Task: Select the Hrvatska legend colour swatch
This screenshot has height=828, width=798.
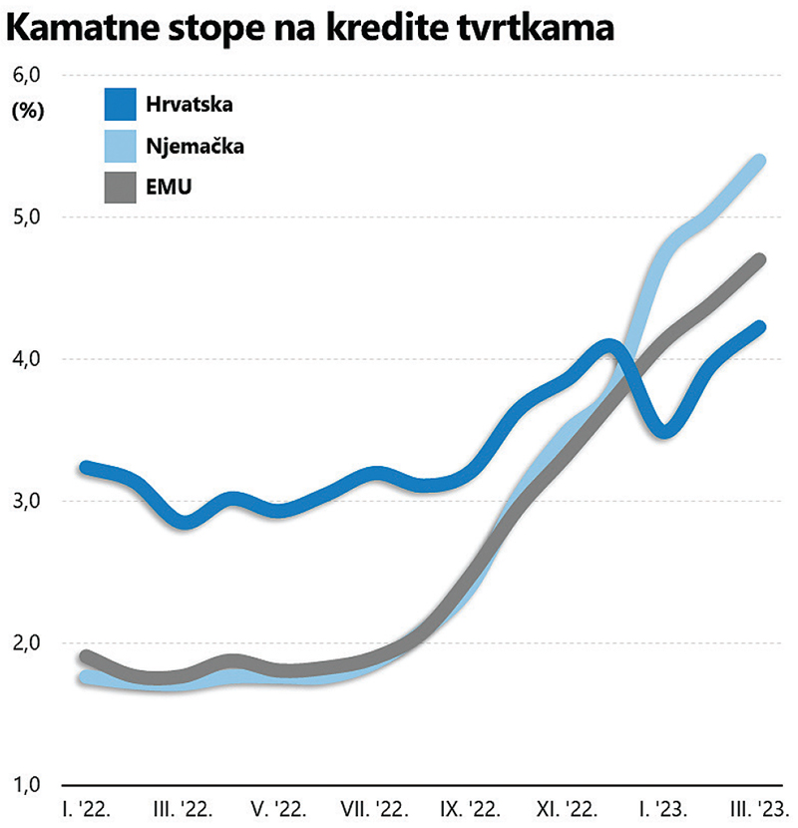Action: pyautogui.click(x=119, y=102)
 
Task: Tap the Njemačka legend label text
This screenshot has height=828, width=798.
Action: pyautogui.click(x=195, y=146)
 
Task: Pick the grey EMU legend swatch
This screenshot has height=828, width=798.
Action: pyautogui.click(x=119, y=188)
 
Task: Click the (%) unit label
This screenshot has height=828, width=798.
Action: pyautogui.click(x=26, y=111)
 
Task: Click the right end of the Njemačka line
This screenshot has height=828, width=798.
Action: pyautogui.click(x=759, y=161)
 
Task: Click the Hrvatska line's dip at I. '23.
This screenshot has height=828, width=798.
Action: pyautogui.click(x=667, y=431)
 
